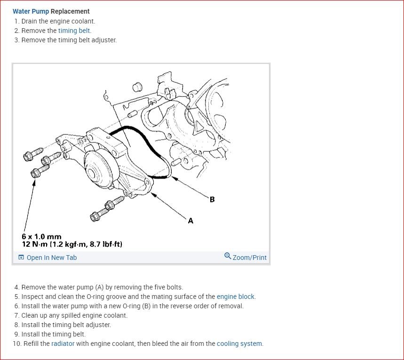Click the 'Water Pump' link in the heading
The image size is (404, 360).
pos(31,11)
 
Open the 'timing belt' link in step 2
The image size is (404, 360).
pos(74,31)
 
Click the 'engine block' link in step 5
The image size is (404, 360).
pos(235,297)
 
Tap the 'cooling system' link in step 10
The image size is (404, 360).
pos(239,344)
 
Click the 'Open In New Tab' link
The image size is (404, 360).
pos(51,258)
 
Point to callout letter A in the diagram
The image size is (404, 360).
pos(190,220)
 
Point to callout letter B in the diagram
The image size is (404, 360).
pos(212,199)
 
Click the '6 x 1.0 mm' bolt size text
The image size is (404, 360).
pos(41,237)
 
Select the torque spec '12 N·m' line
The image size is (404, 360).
pos(72,244)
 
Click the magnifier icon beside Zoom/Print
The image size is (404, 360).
pos(228,256)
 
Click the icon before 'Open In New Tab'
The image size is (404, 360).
pos(21,258)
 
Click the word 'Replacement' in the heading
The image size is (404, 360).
pos(70,11)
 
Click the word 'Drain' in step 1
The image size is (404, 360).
pos(31,21)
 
